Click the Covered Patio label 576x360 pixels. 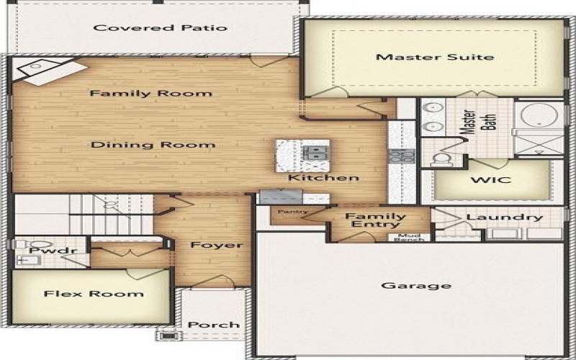[x=161, y=28]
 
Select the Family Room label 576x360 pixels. [x=150, y=93]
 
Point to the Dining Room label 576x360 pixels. [x=153, y=145]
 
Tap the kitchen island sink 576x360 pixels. [x=315, y=153]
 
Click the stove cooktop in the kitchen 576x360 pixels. [x=397, y=155]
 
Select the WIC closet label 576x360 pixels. [x=490, y=179]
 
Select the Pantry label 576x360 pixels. [x=292, y=212]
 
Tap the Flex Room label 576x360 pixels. [x=94, y=294]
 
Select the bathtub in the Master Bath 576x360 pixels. [x=540, y=116]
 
